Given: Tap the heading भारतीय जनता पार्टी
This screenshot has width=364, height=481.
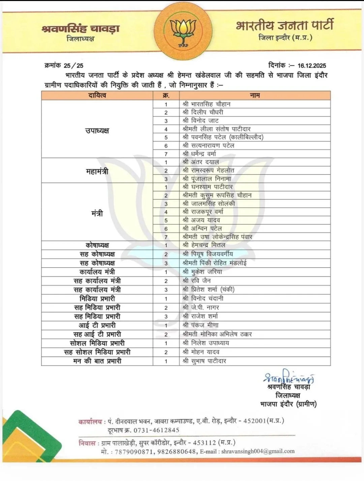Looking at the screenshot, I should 285,25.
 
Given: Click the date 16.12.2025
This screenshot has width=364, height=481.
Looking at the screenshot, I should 312,66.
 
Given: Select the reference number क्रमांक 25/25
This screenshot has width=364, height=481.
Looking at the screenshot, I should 64,66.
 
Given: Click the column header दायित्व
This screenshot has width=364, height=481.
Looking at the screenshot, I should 97,96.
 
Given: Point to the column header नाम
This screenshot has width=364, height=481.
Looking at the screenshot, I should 255,96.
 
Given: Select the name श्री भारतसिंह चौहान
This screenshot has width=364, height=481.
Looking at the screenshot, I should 206,104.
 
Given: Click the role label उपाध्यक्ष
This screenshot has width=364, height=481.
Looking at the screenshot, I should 97,131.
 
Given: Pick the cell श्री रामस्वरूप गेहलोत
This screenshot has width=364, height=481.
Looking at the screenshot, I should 208,170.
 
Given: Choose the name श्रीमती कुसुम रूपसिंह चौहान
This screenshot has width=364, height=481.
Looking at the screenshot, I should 217,195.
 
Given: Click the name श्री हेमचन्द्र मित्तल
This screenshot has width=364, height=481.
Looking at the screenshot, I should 204,245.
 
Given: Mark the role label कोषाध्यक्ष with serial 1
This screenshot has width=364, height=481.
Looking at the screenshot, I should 97,245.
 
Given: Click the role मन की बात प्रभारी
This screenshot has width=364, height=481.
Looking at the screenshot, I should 97,361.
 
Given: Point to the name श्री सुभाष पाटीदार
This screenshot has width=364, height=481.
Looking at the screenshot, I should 204,361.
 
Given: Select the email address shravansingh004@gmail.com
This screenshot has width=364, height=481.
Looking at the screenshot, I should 258,451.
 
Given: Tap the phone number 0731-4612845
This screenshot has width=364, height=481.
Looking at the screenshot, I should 156,430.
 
